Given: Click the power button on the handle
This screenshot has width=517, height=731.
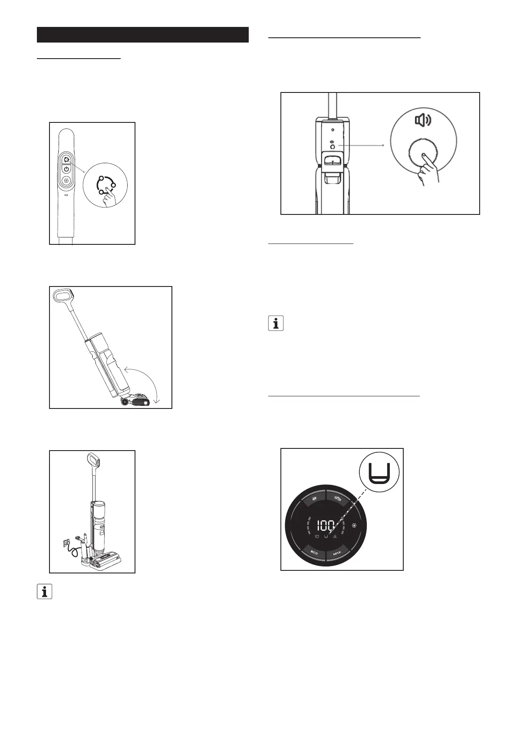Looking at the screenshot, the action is click(66, 169).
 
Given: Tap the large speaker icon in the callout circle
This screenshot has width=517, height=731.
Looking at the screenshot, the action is click(423, 120).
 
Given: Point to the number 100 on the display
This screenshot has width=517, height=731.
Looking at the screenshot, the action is click(325, 526).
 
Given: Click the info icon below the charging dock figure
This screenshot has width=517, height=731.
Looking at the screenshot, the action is click(44, 592).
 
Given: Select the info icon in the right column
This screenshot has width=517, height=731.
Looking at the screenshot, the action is click(276, 323).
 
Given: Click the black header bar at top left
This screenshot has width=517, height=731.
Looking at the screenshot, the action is click(142, 35).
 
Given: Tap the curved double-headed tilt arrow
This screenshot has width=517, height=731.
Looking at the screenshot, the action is click(145, 382).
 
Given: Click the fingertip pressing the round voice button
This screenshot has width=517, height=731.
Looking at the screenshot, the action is click(424, 154).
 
